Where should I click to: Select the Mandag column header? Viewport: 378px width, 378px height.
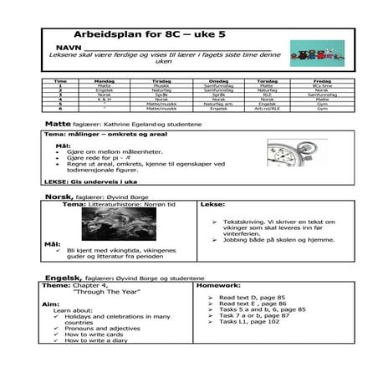coord(103,81)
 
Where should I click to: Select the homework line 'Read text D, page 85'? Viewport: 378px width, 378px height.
coord(252,297)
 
